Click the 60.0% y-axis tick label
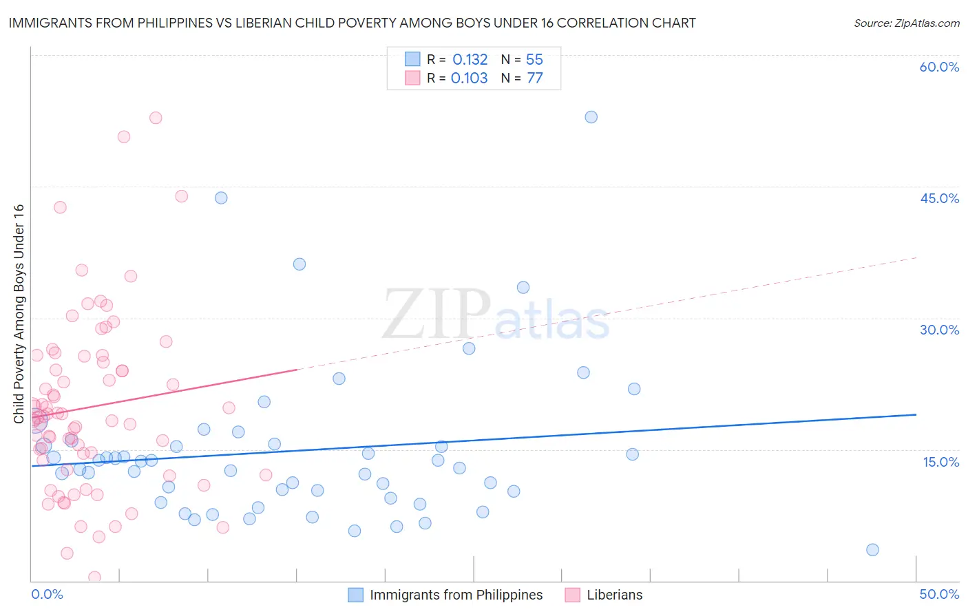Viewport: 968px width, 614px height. click(939, 67)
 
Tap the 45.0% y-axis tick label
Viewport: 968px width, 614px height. click(939, 198)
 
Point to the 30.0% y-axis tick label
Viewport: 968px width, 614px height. click(939, 330)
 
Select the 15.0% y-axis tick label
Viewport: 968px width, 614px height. click(940, 462)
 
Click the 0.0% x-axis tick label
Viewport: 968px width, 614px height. click(47, 594)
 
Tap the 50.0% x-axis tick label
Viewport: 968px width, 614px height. click(939, 594)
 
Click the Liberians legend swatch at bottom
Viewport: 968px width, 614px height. click(572, 595)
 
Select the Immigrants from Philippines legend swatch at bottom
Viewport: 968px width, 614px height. click(355, 595)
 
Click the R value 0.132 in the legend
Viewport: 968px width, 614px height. click(470, 60)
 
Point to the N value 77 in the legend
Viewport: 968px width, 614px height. click(535, 78)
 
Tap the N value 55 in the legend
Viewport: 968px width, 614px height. click(534, 60)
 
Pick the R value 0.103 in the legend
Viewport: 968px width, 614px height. click(469, 78)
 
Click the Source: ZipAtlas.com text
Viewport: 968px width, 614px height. click(906, 23)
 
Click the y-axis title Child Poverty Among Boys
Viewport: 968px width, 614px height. click(19, 314)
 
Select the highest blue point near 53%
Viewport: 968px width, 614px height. click(591, 117)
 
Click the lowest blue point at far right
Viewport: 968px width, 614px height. click(872, 549)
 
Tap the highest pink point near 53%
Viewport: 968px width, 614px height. click(156, 118)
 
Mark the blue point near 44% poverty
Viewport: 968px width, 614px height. click(221, 198)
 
